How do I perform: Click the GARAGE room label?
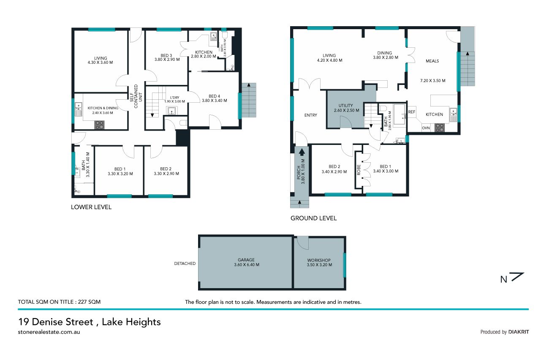pyautogui.click(x=246, y=260)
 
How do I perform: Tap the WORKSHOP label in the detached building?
pyautogui.click(x=319, y=260)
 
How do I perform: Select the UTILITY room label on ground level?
pyautogui.click(x=345, y=106)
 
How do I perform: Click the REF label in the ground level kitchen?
pyautogui.click(x=411, y=112)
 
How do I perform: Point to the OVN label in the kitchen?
pyautogui.click(x=426, y=128)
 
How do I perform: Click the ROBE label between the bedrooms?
pyautogui.click(x=359, y=170)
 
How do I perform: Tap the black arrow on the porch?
pyautogui.click(x=302, y=152)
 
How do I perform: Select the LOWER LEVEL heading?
pyautogui.click(x=91, y=207)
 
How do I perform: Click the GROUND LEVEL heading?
pyautogui.click(x=313, y=218)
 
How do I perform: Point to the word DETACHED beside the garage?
pyautogui.click(x=185, y=263)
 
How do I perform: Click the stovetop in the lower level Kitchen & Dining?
pyautogui.click(x=99, y=125)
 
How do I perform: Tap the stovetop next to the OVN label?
pyautogui.click(x=439, y=128)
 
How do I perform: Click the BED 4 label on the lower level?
pyautogui.click(x=214, y=96)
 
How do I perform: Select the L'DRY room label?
pyautogui.click(x=174, y=98)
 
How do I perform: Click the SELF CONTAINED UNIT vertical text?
pyautogui.click(x=136, y=96)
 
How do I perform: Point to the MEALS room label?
pyautogui.click(x=432, y=61)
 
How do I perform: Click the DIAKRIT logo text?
pyautogui.click(x=519, y=332)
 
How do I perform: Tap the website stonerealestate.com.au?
pyautogui.click(x=49, y=332)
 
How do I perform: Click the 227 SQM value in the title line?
pyautogui.click(x=89, y=302)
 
